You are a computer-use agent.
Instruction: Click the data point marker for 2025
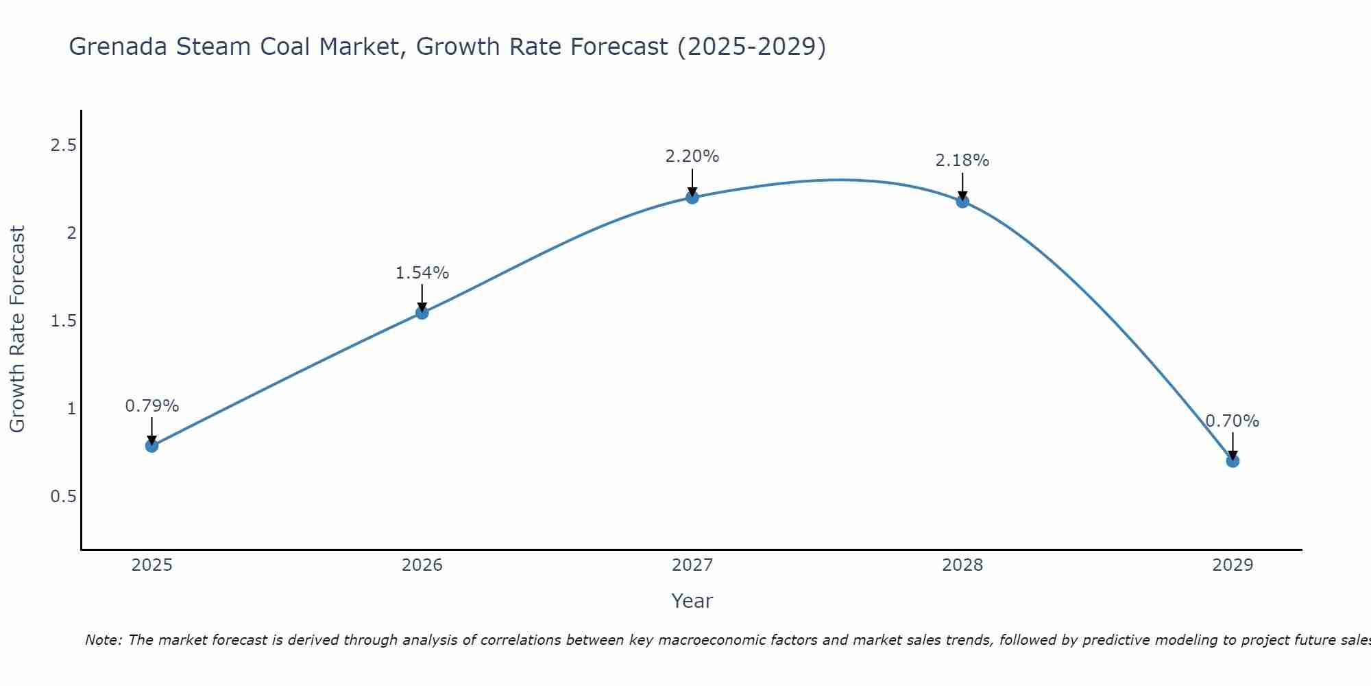click(151, 446)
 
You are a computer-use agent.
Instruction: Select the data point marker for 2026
click(422, 313)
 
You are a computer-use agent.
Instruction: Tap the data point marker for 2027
click(692, 198)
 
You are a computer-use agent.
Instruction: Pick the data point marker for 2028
click(962, 201)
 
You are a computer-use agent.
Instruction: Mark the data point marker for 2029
click(1233, 461)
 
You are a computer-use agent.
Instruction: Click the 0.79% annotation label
click(151, 406)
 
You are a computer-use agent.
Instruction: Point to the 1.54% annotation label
click(422, 273)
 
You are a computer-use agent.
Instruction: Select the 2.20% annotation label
click(692, 156)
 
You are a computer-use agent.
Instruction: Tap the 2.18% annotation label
click(962, 161)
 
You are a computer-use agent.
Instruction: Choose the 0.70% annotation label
click(1233, 421)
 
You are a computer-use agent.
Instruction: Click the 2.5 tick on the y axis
click(63, 145)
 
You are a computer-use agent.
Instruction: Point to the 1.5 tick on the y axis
click(63, 321)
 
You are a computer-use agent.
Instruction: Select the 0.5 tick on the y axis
click(63, 496)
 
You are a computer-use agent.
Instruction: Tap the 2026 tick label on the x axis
click(422, 565)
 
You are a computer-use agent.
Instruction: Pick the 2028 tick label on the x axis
click(962, 565)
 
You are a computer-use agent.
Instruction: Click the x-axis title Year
click(692, 601)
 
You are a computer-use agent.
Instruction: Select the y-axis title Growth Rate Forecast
click(17, 329)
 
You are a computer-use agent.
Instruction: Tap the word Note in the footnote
click(103, 640)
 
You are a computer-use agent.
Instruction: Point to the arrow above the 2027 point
click(692, 182)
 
